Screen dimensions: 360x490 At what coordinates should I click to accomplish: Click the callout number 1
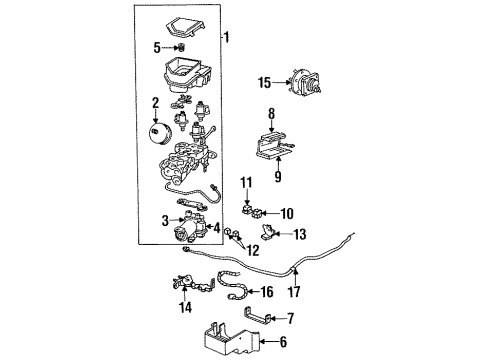[x=226, y=38]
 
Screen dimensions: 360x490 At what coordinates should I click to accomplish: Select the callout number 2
[x=155, y=102]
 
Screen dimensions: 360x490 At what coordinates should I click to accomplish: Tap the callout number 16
[x=266, y=293]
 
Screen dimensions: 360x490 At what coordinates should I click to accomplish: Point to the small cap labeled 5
[x=180, y=48]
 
